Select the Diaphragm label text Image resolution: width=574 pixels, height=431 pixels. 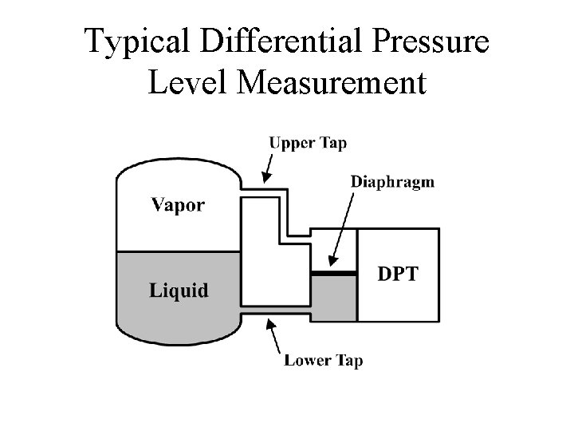coord(392,181)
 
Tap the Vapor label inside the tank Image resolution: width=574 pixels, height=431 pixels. coord(177,204)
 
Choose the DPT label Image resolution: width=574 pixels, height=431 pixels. coord(397,275)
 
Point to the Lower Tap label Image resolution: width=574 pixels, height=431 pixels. coord(323,361)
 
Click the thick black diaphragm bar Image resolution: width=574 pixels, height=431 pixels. coord(333,273)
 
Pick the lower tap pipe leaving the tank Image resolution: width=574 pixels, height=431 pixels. coord(275,311)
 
